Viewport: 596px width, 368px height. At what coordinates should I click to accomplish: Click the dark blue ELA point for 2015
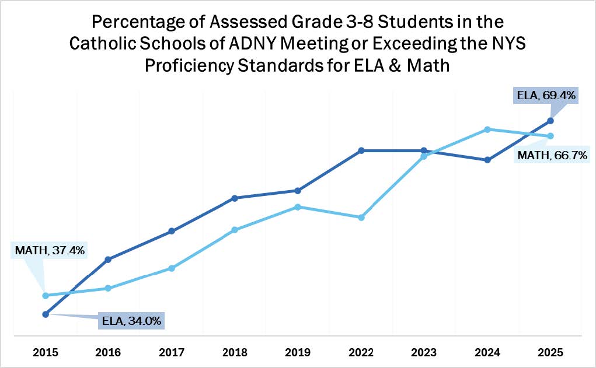click(45, 314)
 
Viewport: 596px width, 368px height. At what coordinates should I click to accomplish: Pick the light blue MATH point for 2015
click(45, 296)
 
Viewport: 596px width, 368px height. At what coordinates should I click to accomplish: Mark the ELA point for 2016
click(109, 259)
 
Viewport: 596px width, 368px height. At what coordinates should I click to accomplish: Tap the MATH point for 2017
click(172, 268)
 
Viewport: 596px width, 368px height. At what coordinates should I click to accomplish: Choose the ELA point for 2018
click(235, 198)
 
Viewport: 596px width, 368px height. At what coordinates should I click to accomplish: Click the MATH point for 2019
click(298, 207)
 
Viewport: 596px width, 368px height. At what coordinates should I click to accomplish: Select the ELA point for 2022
click(361, 150)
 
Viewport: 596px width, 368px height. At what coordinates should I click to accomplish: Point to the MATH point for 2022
click(361, 218)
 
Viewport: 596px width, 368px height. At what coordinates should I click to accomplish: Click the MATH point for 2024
click(487, 129)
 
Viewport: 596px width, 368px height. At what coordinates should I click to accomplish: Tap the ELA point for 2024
click(487, 160)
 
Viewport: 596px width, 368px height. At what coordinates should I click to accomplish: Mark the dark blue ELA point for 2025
click(550, 121)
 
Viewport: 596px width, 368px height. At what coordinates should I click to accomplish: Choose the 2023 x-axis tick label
click(424, 352)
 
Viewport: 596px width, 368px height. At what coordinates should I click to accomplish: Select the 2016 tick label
click(109, 352)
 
